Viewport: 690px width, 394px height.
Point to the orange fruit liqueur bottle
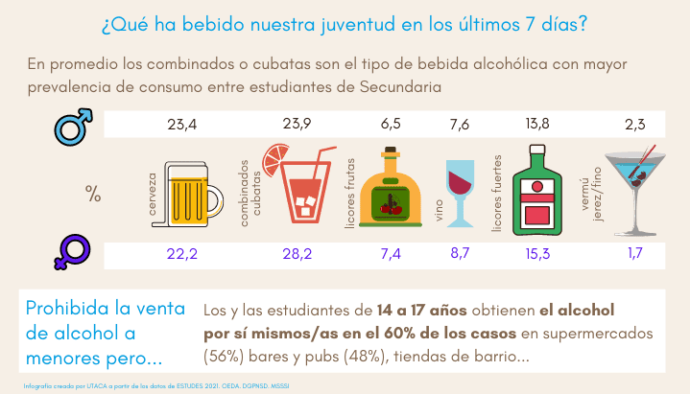coord(391,192)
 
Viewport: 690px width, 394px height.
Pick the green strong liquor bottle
coord(538,192)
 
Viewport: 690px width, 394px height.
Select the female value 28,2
coord(298,255)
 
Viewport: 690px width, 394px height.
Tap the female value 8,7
coord(461,255)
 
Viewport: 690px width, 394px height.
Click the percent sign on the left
coord(92,194)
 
